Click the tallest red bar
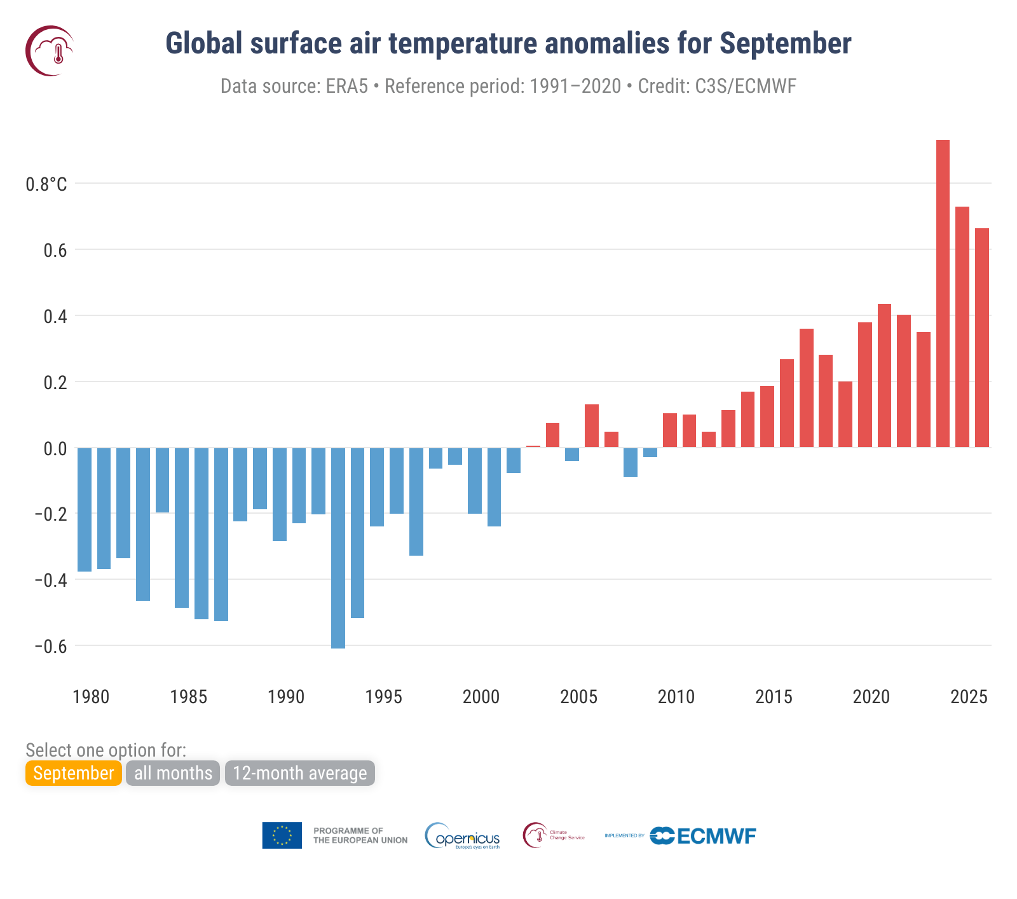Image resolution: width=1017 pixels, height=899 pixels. [943, 292]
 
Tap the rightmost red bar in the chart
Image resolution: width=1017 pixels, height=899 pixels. [982, 337]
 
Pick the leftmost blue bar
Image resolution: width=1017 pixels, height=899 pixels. [85, 509]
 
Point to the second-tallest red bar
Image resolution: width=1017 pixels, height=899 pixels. [962, 327]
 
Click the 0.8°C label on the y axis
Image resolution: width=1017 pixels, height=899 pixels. [46, 184]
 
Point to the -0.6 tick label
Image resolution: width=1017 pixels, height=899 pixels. [50, 647]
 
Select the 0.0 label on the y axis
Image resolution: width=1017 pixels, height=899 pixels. [55, 449]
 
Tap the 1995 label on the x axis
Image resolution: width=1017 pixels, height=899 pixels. [384, 697]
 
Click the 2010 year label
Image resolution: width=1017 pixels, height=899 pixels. [676, 697]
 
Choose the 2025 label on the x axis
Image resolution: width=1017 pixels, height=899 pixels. [969, 697]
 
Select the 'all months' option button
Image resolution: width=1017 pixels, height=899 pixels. [173, 773]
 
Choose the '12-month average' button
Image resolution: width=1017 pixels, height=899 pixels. [300, 773]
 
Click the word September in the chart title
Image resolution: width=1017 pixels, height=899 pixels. [785, 43]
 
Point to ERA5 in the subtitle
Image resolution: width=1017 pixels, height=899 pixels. [346, 86]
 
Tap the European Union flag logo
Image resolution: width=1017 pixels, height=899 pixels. [282, 835]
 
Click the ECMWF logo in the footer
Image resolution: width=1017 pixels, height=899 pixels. [703, 835]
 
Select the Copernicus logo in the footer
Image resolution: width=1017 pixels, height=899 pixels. [463, 836]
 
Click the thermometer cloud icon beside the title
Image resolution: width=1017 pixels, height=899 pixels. [50, 51]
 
